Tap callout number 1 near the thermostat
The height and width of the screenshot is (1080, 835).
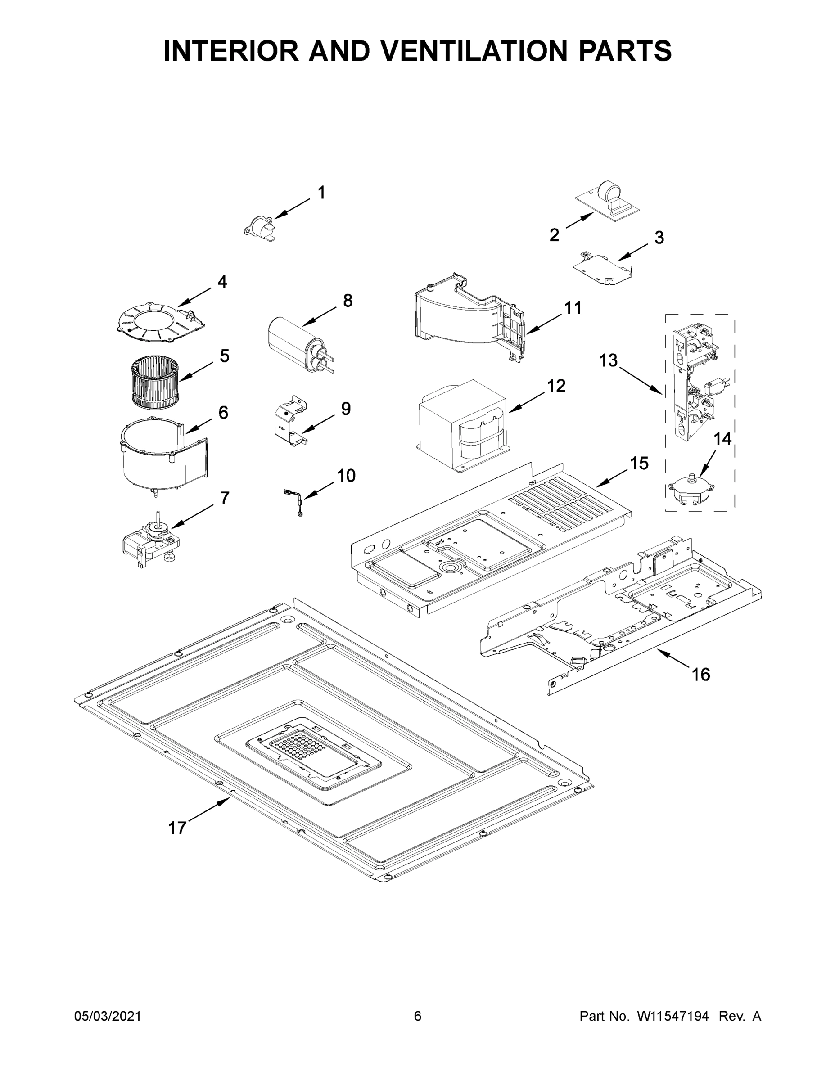321,192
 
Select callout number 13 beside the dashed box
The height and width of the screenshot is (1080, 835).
609,360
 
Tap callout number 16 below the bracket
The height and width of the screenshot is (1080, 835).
701,674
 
